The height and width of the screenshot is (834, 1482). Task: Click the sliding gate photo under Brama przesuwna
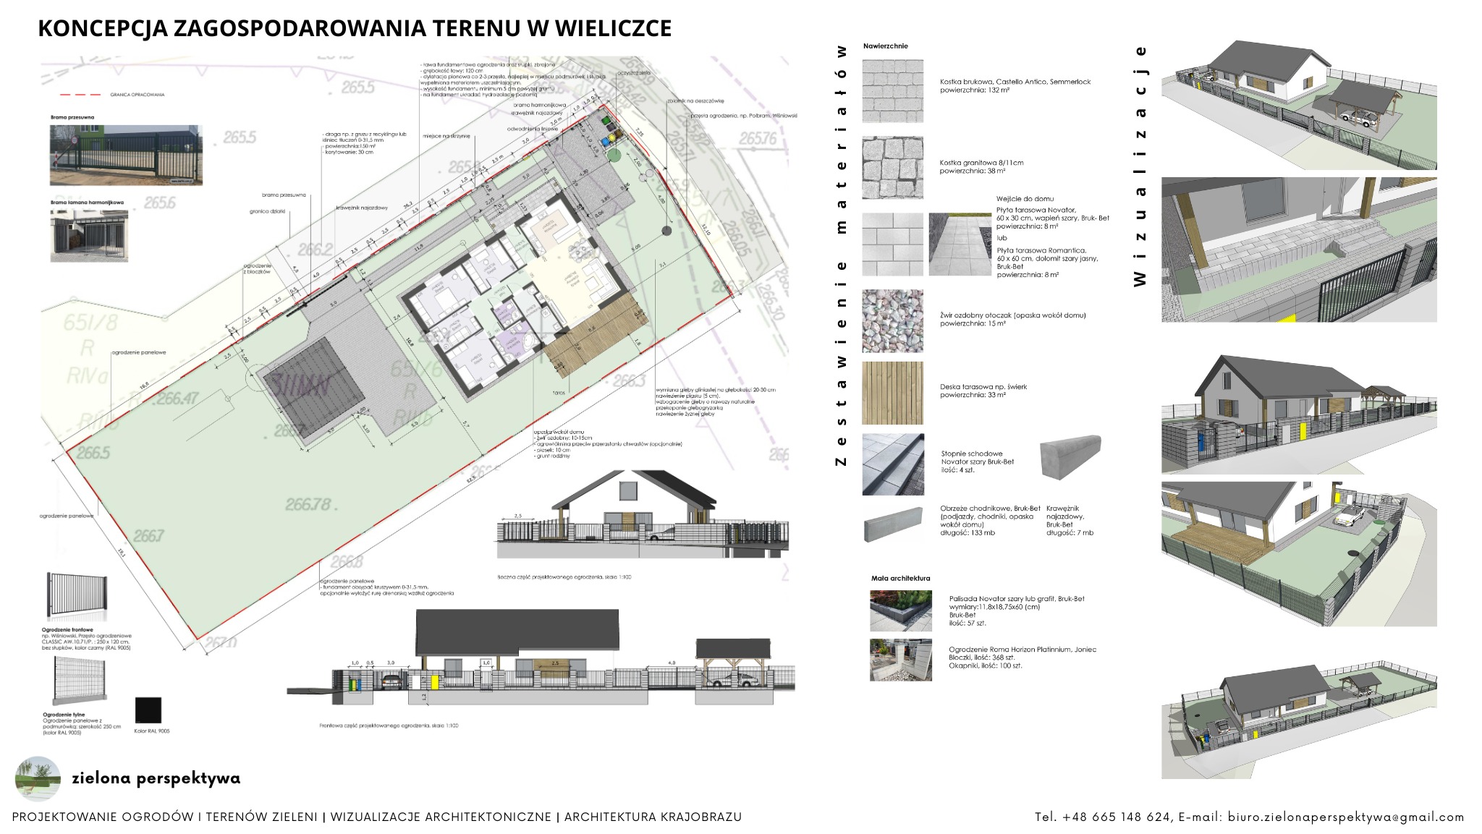[x=126, y=155]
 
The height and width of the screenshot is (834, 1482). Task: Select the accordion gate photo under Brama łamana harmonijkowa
[x=89, y=236]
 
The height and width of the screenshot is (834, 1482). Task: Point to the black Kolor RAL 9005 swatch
[x=148, y=710]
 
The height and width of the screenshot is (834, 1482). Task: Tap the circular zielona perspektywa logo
[x=38, y=778]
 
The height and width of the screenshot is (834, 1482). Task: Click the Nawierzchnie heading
[x=885, y=46]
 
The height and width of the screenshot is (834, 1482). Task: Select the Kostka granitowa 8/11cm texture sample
[x=892, y=167]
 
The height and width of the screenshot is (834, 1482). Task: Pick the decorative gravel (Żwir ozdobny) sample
[x=892, y=320]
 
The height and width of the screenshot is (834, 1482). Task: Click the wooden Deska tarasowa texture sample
[x=892, y=393]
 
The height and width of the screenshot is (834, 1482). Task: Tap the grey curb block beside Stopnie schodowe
[x=1070, y=456]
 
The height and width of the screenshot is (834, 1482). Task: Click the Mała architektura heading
[x=900, y=579]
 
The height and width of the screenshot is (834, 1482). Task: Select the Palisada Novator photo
[x=900, y=610]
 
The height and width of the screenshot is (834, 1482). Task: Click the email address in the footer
[x=1345, y=817]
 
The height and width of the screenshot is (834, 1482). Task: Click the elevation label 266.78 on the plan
[x=308, y=504]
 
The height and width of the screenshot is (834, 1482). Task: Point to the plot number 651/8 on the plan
[x=90, y=323]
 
